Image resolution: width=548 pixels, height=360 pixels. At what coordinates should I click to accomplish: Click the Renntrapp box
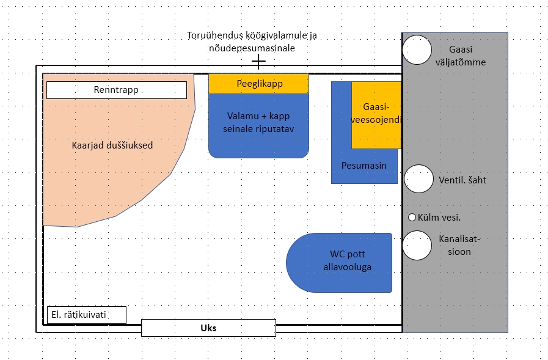click(x=116, y=90)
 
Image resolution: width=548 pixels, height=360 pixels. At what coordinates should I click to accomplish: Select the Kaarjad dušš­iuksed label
click(x=112, y=145)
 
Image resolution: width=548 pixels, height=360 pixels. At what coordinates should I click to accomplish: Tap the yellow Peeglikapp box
click(x=259, y=84)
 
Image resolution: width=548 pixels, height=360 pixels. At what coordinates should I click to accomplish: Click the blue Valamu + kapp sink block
click(x=259, y=125)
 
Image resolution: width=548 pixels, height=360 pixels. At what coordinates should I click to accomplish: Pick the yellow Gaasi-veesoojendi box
click(x=376, y=115)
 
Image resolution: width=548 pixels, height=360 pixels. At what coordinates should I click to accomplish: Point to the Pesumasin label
click(x=364, y=166)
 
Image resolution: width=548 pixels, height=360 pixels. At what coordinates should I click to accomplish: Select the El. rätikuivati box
click(x=86, y=315)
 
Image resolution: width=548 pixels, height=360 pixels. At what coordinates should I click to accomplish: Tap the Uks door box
click(x=208, y=328)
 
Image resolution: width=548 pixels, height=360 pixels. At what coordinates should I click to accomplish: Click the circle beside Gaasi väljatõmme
click(x=418, y=50)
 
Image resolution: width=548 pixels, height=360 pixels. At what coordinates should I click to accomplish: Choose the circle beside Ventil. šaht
click(x=418, y=179)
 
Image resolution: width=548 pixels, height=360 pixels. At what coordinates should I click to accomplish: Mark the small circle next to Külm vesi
click(x=412, y=218)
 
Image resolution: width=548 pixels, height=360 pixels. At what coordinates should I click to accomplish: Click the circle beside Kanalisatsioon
click(x=418, y=245)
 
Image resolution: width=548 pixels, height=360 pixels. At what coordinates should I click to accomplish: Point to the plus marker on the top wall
click(x=259, y=62)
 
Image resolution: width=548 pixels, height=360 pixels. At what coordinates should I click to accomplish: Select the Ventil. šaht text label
click(x=462, y=180)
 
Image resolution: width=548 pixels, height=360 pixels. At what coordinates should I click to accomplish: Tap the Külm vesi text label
click(x=439, y=218)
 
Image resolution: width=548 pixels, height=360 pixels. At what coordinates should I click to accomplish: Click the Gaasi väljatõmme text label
click(x=467, y=56)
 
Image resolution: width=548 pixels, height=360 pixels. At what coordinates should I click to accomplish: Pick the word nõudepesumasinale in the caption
click(x=252, y=48)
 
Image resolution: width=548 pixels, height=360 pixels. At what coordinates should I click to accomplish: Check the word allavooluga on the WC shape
click(x=347, y=267)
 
